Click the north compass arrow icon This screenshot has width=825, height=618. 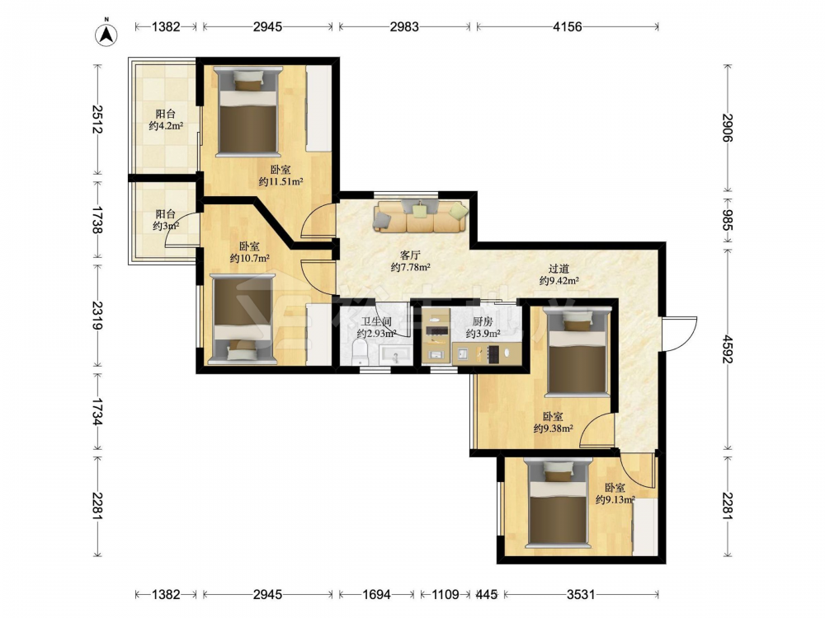pos(106,35)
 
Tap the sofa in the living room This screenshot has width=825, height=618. pos(421,216)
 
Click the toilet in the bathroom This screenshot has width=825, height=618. pos(361,352)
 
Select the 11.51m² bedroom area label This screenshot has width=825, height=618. pos(280,182)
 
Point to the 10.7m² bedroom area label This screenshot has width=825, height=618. pos(249,258)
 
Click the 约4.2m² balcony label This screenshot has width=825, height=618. pos(166,125)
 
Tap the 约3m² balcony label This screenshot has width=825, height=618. pos(166,226)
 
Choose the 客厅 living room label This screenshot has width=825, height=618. pos(410,255)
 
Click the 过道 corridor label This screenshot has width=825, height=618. pos(559,269)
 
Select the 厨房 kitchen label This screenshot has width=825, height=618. pos(483,321)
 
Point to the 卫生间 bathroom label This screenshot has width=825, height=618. pos(376,321)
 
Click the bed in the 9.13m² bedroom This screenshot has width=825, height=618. pos(558,503)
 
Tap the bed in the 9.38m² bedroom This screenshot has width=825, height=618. pos(577,353)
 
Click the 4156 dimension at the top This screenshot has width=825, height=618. pos(568,26)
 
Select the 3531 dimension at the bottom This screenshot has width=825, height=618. pos(581,594)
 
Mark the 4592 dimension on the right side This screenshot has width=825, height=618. pos(727,349)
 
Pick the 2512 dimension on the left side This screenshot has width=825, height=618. pos(97,119)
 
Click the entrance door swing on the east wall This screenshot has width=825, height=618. pos(680,335)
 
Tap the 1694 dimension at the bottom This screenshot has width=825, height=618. pos(377,594)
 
